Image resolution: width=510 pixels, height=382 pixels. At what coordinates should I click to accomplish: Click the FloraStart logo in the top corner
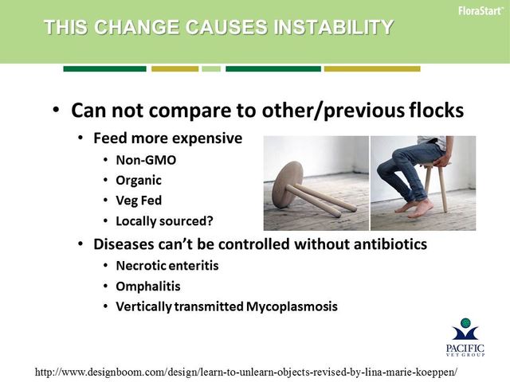tap(481, 10)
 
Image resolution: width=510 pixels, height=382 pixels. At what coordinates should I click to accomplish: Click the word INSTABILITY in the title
tap(333, 27)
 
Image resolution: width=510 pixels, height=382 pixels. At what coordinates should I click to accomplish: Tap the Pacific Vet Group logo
tap(465, 337)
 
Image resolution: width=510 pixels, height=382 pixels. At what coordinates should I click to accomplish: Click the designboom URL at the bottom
tap(246, 372)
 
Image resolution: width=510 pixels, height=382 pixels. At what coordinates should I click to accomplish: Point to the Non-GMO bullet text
tap(146, 160)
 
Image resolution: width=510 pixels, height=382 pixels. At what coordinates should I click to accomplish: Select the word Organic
tap(139, 181)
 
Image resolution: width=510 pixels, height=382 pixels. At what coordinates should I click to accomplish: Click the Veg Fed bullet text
tap(139, 201)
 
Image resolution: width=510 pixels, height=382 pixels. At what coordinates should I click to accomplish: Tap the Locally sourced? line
tap(165, 221)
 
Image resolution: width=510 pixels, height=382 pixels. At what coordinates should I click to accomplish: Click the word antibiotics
tap(390, 244)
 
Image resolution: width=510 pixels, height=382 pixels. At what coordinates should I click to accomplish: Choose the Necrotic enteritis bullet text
tap(167, 266)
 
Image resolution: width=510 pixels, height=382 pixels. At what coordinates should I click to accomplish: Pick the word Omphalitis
tap(148, 286)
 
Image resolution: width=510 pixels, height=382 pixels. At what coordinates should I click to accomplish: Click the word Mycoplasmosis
tap(292, 306)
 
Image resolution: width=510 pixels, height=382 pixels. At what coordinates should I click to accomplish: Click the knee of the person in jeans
tap(398, 157)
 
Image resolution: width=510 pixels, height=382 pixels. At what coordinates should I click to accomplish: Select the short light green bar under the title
tap(211, 69)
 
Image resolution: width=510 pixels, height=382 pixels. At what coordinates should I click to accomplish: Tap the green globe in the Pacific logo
tap(465, 323)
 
